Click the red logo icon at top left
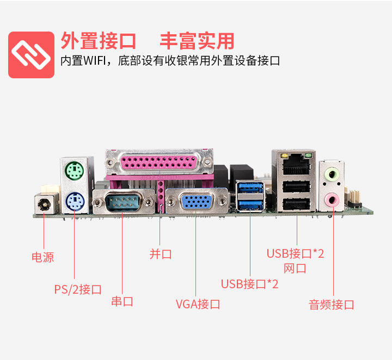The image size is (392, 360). (x=31, y=55)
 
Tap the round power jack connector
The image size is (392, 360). (x=45, y=206)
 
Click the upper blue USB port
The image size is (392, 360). (x=250, y=189)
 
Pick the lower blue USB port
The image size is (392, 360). (x=250, y=205)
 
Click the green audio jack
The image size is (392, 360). (x=332, y=175)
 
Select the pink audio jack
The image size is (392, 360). (x=332, y=200)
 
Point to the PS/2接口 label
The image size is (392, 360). (x=78, y=289)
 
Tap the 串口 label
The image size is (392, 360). (x=122, y=301)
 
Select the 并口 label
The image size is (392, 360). (x=161, y=254)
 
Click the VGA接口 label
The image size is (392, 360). (x=198, y=304)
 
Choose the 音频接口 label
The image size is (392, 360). (x=332, y=305)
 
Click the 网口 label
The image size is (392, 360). (x=295, y=268)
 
